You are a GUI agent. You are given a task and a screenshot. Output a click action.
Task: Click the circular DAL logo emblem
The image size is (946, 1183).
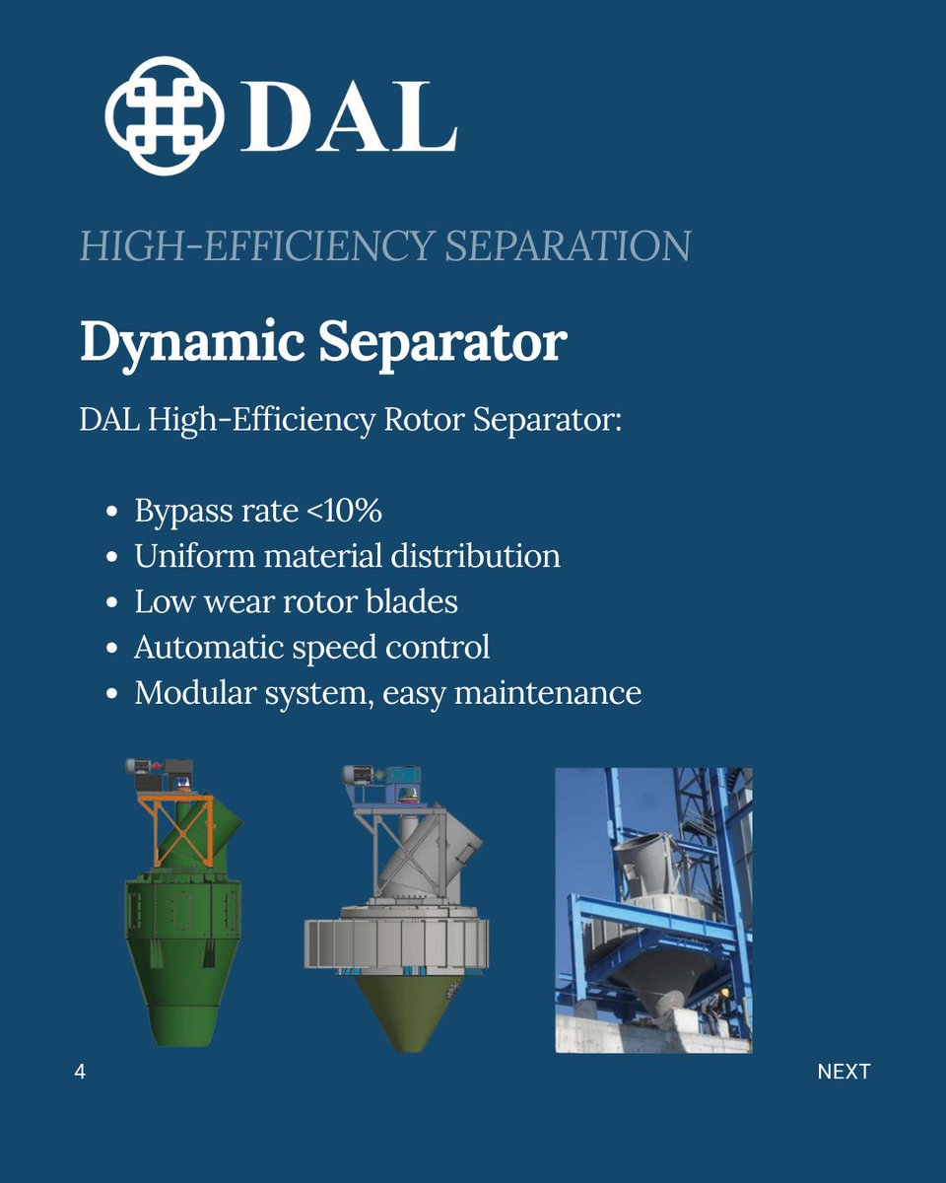click(165, 115)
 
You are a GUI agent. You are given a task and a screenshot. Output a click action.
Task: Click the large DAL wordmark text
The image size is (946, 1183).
click(348, 117)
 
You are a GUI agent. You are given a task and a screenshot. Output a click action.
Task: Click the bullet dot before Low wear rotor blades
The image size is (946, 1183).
click(112, 602)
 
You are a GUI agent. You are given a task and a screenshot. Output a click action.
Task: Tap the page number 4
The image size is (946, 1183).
click(80, 1072)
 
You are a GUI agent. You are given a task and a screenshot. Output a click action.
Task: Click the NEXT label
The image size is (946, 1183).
click(844, 1072)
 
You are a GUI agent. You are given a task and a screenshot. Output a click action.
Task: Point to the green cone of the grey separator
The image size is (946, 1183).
click(398, 1006)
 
